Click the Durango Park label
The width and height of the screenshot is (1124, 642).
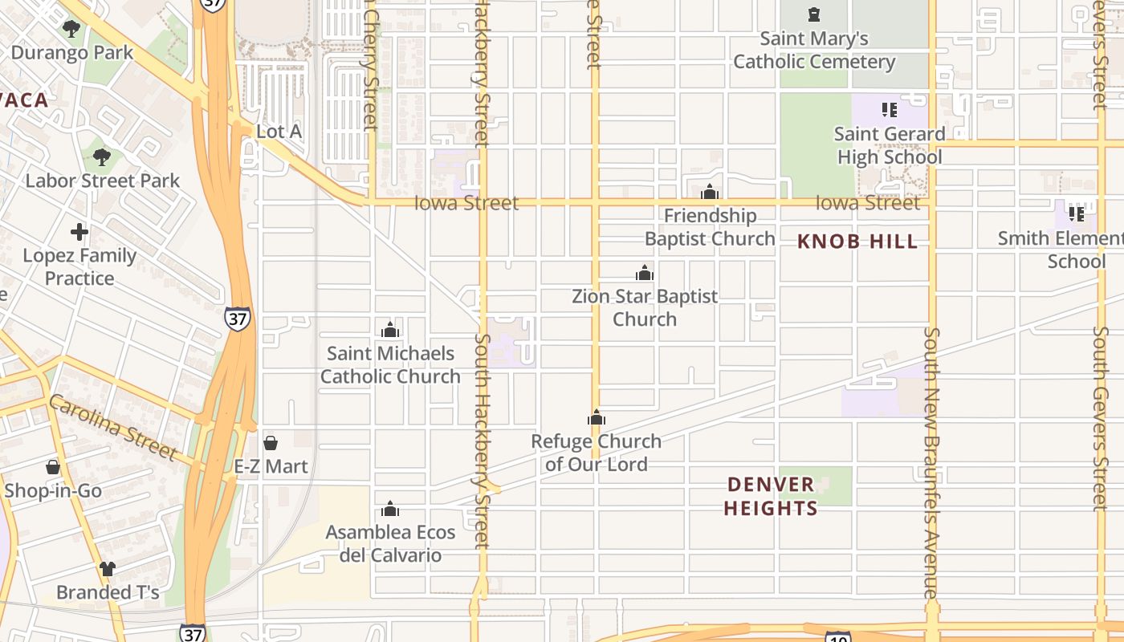coord(71,53)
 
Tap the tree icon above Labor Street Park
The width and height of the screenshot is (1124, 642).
coord(102,157)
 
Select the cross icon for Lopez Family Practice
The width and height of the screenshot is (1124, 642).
coord(79,233)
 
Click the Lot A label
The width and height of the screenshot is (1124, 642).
coord(279,131)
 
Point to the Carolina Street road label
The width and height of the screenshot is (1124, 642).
coord(112,427)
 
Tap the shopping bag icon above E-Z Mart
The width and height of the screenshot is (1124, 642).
coord(271,443)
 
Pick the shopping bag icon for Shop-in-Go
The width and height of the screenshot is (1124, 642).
coord(53,467)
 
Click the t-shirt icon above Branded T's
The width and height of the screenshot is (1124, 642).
coord(108,569)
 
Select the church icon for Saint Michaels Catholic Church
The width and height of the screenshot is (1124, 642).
coord(390,330)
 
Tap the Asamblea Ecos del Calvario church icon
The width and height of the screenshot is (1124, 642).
coord(390,509)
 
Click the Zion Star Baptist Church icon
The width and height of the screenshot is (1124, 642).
coord(645,273)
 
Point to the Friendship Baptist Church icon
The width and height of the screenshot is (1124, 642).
coord(710,192)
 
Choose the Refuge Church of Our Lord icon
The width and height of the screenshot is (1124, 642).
coord(597,417)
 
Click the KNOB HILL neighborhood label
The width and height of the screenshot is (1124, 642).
coord(857,242)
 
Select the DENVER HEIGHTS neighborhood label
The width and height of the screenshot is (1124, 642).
coord(771,496)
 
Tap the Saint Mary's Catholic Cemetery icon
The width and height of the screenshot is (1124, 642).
coord(814,14)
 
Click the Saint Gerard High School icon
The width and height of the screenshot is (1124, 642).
coord(889,109)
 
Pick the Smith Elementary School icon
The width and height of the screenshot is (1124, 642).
coord(1077,214)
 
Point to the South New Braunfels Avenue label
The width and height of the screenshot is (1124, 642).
coord(931,461)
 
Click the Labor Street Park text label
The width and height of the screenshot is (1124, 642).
coord(103,181)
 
